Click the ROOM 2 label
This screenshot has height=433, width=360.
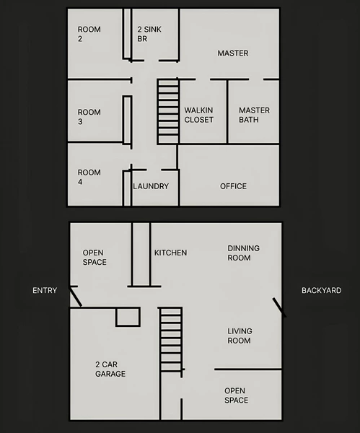pyautogui.click(x=89, y=35)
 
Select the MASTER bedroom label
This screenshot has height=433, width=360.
pyautogui.click(x=232, y=53)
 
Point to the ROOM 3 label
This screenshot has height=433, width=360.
pyautogui.click(x=89, y=117)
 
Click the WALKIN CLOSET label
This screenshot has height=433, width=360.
pyautogui.click(x=198, y=115)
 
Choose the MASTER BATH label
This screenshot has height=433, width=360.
pyautogui.click(x=254, y=115)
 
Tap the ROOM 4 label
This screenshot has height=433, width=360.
pyautogui.click(x=89, y=178)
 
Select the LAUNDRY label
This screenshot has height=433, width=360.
pyautogui.click(x=151, y=186)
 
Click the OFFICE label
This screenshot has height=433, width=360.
pyautogui.click(x=233, y=186)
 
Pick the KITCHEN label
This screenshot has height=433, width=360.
pyautogui.click(x=170, y=253)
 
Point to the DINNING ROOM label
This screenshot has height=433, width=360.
pyautogui.click(x=243, y=253)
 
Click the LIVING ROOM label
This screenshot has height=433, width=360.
pyautogui.click(x=239, y=336)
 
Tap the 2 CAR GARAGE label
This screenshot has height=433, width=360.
pyautogui.click(x=110, y=369)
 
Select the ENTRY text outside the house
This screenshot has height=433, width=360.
pyautogui.click(x=45, y=290)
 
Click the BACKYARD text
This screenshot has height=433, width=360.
pyautogui.click(x=321, y=290)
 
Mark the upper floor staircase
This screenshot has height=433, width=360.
pyautogui.click(x=168, y=111)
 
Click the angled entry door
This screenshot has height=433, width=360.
pyautogui.click(x=75, y=296)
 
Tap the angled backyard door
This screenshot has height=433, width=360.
pyautogui.click(x=278, y=307)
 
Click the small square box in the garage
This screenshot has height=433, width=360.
pyautogui.click(x=128, y=316)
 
